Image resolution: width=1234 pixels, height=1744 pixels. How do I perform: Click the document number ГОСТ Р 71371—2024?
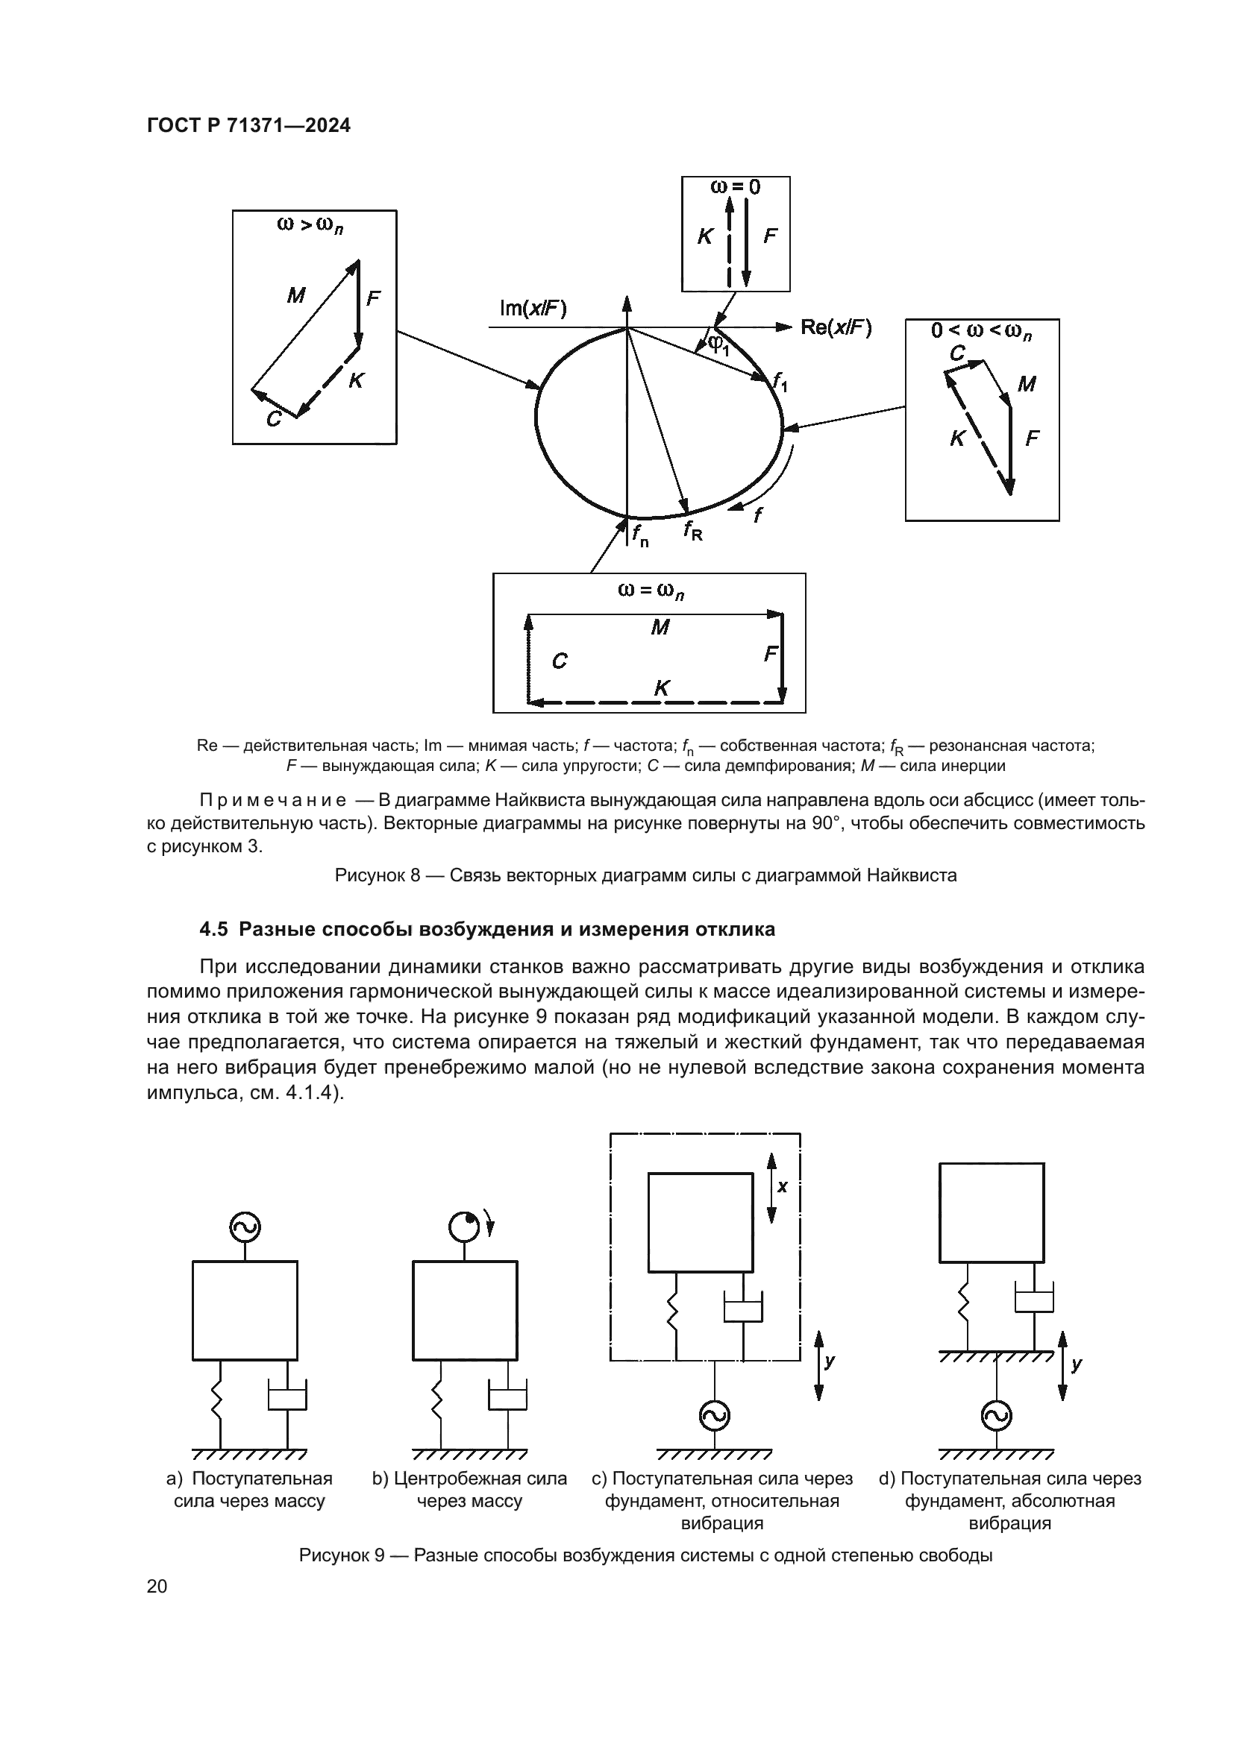[248, 126]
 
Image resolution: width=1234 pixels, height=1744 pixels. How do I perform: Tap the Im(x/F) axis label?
[533, 308]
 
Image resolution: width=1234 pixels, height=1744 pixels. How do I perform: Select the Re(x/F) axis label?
[836, 327]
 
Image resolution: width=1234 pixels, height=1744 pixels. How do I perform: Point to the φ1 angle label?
[718, 345]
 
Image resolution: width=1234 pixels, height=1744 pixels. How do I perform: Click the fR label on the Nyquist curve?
[692, 530]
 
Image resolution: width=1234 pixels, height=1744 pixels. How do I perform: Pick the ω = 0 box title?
[735, 187]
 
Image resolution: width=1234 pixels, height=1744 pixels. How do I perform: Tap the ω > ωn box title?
[310, 226]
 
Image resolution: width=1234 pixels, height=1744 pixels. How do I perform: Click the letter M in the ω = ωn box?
[660, 627]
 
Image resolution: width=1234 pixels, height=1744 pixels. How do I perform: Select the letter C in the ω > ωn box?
[273, 418]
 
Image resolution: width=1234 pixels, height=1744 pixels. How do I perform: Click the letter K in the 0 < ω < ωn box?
[957, 438]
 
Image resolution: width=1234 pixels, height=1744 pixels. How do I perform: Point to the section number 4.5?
[214, 930]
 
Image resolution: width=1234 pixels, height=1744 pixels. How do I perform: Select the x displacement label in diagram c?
[783, 1186]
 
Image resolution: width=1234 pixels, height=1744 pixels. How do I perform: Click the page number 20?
[157, 1586]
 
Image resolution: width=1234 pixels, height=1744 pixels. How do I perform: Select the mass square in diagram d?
[992, 1213]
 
